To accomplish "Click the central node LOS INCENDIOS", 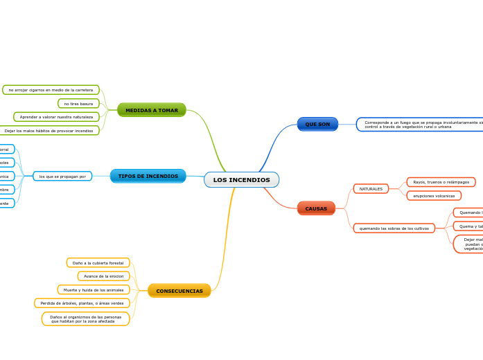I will point(241,180).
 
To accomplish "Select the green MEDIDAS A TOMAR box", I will point(152,110).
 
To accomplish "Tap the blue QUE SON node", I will point(317,124).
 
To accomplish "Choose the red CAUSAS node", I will point(316,208).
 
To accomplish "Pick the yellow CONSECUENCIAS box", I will point(179,291).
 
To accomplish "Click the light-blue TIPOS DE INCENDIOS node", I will point(148,177).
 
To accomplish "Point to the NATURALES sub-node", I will point(371,189).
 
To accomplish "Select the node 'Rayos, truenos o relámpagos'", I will point(441,182).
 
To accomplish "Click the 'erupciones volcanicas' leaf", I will point(434,196).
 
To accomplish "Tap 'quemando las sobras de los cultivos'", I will point(394,228).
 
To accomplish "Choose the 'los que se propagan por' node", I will point(62,177).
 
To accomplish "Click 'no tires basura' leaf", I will point(78,104).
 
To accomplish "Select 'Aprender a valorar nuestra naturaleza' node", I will point(56,117).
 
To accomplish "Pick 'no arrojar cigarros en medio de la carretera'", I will point(51,90).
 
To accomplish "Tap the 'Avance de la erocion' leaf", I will point(103,276).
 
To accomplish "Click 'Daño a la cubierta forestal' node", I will point(98,263).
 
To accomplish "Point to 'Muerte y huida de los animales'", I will point(93,290).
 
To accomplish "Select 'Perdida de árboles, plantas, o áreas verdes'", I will point(82,303).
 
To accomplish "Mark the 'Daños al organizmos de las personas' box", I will point(85,319).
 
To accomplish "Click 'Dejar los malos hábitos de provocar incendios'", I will point(49,130).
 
